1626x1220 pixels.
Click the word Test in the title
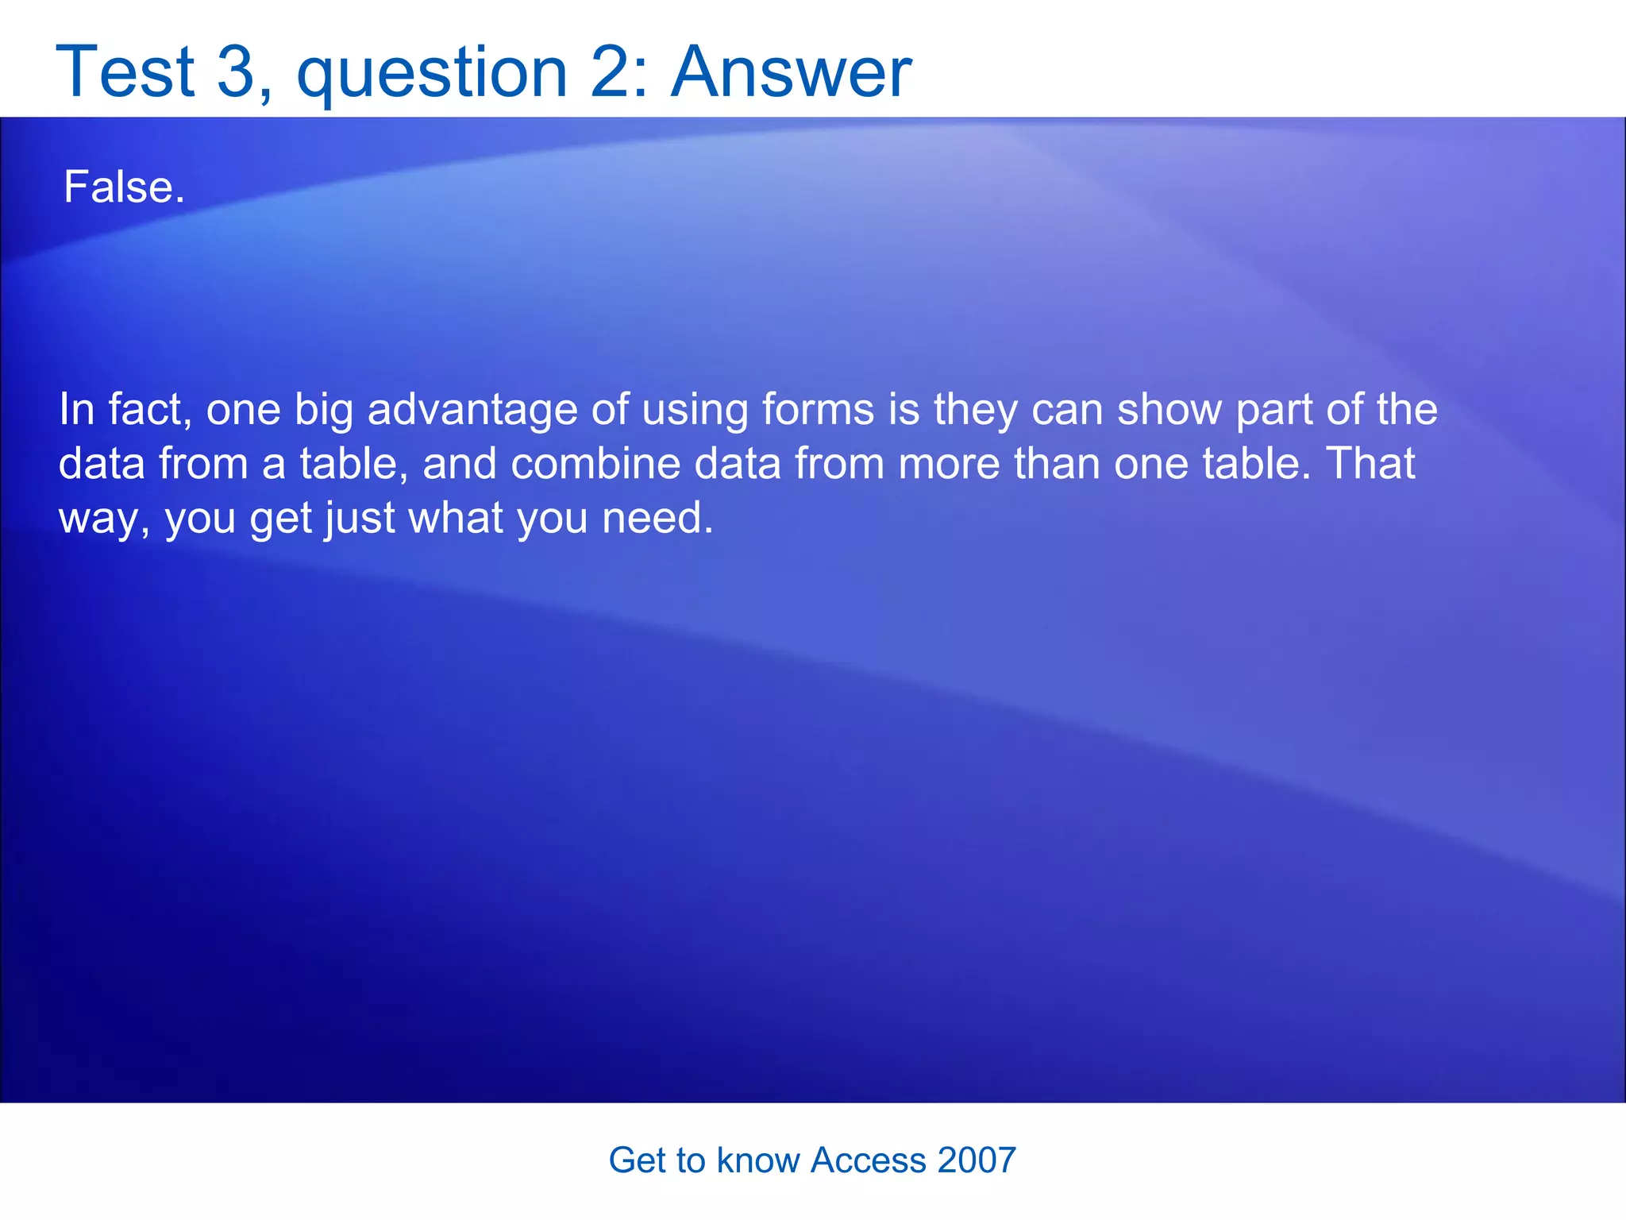125,71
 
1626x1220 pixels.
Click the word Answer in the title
791,71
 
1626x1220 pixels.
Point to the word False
123,187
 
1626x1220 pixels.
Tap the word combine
595,464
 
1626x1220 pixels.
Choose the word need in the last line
657,518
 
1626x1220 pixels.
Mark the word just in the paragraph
359,518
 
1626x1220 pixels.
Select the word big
324,410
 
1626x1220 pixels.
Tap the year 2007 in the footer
977,1160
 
